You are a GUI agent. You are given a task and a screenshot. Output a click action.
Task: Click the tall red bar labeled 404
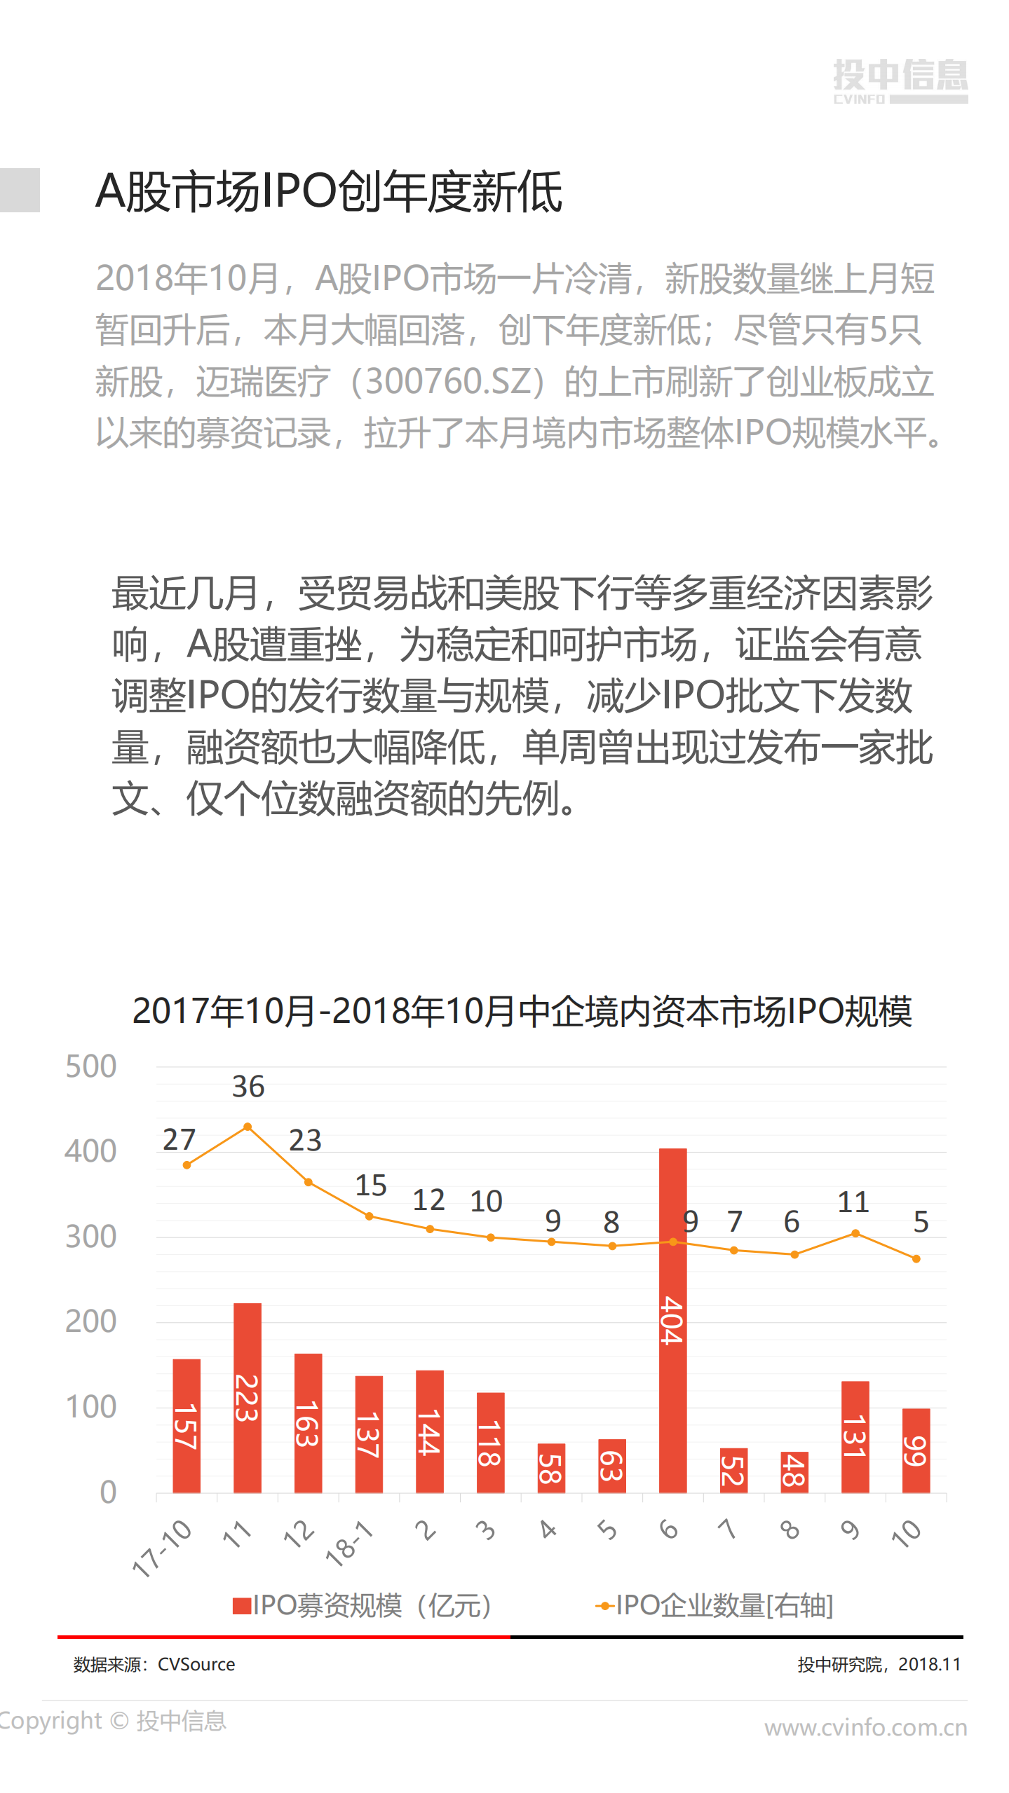[x=672, y=1321]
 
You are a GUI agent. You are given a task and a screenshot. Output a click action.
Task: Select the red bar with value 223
[x=247, y=1398]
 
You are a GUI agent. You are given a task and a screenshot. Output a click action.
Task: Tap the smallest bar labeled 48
[x=794, y=1471]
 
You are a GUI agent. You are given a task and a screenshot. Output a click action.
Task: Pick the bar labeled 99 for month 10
[x=916, y=1450]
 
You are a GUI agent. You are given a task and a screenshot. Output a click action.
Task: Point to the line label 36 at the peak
[x=248, y=1087]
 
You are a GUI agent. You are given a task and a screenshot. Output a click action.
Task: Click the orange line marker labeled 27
[x=187, y=1165]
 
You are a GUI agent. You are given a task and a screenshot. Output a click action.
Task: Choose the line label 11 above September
[x=853, y=1202]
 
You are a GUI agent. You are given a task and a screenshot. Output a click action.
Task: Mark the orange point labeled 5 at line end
[x=916, y=1259]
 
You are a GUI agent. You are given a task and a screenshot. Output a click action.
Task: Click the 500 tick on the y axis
[x=90, y=1067]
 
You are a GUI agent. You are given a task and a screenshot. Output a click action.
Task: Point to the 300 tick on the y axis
[x=90, y=1237]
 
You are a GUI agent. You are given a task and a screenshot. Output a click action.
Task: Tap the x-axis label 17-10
[x=163, y=1549]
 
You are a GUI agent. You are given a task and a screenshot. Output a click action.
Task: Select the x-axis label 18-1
[x=349, y=1544]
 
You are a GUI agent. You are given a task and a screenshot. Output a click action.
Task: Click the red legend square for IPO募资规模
[x=242, y=1606]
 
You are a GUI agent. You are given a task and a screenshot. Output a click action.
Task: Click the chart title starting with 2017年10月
[x=522, y=1012]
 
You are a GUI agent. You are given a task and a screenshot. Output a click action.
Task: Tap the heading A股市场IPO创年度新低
[x=329, y=191]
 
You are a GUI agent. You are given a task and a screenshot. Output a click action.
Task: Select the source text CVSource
[x=196, y=1665]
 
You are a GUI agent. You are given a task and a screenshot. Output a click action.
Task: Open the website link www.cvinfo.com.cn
[x=865, y=1728]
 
